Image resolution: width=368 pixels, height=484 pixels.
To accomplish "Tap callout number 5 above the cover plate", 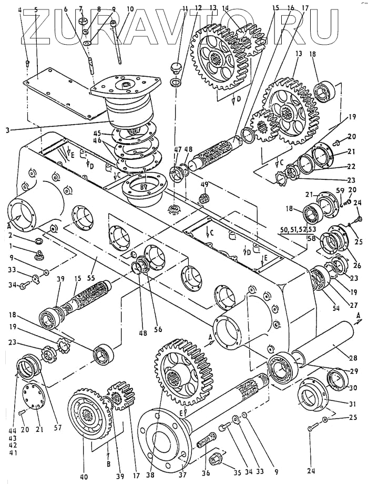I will tap(35, 9).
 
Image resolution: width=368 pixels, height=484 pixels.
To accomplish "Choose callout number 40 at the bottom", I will tap(84, 477).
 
